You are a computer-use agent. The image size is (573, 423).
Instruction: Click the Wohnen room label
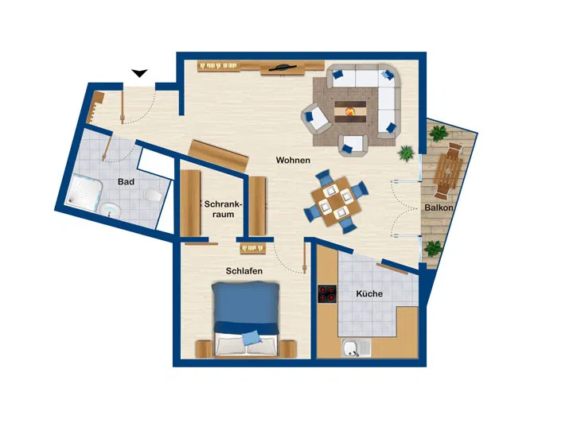coord(293,161)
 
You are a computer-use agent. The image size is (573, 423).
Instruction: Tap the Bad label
coord(126,181)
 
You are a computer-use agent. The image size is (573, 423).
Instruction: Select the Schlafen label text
coord(244,271)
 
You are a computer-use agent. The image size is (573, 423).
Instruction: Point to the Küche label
coord(369,293)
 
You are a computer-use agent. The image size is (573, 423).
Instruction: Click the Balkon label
coord(439,208)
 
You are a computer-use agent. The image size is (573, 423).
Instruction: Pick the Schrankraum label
coord(223,209)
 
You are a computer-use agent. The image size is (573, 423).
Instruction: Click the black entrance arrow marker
coord(139,73)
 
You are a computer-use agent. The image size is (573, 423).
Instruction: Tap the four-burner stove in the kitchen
coord(327,294)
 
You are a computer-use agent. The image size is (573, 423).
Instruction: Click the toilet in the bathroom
coord(153,195)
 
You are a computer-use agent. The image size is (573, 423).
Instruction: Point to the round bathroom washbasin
coord(111,211)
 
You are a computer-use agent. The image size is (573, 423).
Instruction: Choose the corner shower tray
coord(84,192)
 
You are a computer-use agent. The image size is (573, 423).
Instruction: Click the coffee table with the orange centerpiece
coord(350,111)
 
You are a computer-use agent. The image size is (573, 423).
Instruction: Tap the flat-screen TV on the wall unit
coord(282,68)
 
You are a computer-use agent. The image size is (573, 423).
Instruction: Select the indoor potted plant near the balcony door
coord(406,153)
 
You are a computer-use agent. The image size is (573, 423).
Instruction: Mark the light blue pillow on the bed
coord(251,338)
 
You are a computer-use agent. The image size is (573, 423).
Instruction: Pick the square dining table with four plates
coord(336,201)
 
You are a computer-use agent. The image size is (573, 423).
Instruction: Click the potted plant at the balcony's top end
coord(439,133)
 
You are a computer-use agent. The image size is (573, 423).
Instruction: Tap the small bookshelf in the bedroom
coord(252,249)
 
